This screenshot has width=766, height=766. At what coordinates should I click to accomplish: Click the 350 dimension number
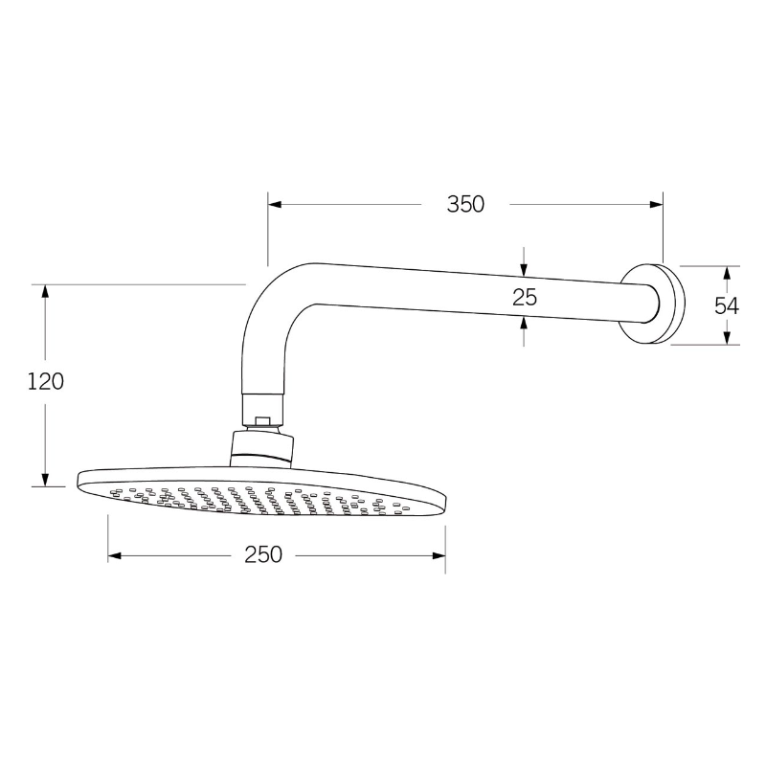(x=465, y=204)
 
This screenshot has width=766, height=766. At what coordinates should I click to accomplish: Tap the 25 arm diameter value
(x=525, y=297)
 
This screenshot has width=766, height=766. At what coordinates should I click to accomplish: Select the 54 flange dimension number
(x=727, y=305)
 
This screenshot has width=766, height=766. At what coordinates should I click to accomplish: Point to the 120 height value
(x=45, y=381)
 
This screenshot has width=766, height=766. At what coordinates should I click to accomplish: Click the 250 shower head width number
(x=262, y=555)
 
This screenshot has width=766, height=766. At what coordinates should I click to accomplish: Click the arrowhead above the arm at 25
(x=524, y=267)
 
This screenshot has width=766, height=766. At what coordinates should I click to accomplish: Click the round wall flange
(x=661, y=303)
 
